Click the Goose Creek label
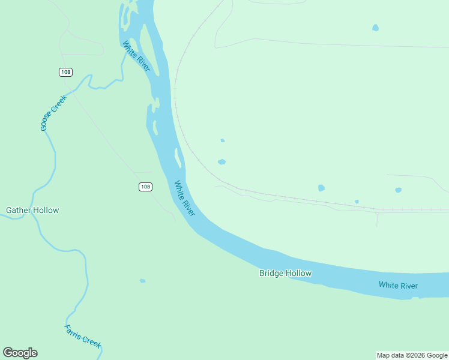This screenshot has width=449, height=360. pyautogui.click(x=53, y=113)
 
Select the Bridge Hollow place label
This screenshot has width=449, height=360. pyautogui.click(x=285, y=273)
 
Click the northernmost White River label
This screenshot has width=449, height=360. pyautogui.click(x=136, y=56)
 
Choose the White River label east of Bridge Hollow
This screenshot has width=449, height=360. pyautogui.click(x=398, y=286)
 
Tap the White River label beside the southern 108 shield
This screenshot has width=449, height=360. pyautogui.click(x=185, y=199)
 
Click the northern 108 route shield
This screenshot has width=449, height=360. pyautogui.click(x=65, y=72)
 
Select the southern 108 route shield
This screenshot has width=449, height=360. pyautogui.click(x=145, y=187)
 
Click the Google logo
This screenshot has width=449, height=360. pyautogui.click(x=20, y=353)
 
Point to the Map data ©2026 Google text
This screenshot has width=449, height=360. pyautogui.click(x=412, y=355)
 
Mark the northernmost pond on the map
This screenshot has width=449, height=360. pyautogui.click(x=375, y=28)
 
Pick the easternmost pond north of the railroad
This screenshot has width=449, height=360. pyautogui.click(x=398, y=190)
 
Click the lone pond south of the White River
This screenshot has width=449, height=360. pyautogui.click(x=142, y=281)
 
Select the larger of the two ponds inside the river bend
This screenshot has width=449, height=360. pyautogui.click(x=221, y=162)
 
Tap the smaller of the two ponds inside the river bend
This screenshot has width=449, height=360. pyautogui.click(x=223, y=140)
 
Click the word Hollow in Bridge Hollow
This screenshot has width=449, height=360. pyautogui.click(x=298, y=273)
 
